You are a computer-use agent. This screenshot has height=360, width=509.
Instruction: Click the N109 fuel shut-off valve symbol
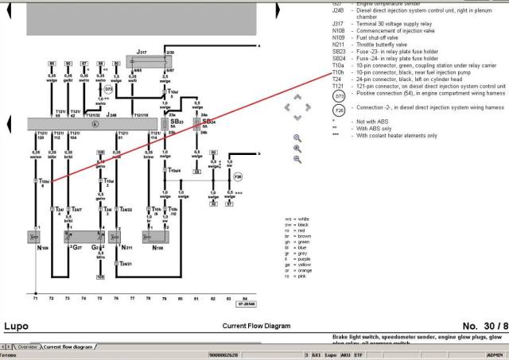pyautogui.click(x=36, y=236)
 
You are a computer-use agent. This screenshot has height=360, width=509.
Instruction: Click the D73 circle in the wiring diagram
pyautogui.click(x=108, y=89)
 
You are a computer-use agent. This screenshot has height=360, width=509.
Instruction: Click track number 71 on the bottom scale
pyautogui.click(x=35, y=298)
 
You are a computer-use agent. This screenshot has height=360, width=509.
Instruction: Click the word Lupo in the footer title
pyautogui.click(x=16, y=326)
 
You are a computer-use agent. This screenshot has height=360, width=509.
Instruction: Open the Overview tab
pyautogui.click(x=27, y=347)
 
